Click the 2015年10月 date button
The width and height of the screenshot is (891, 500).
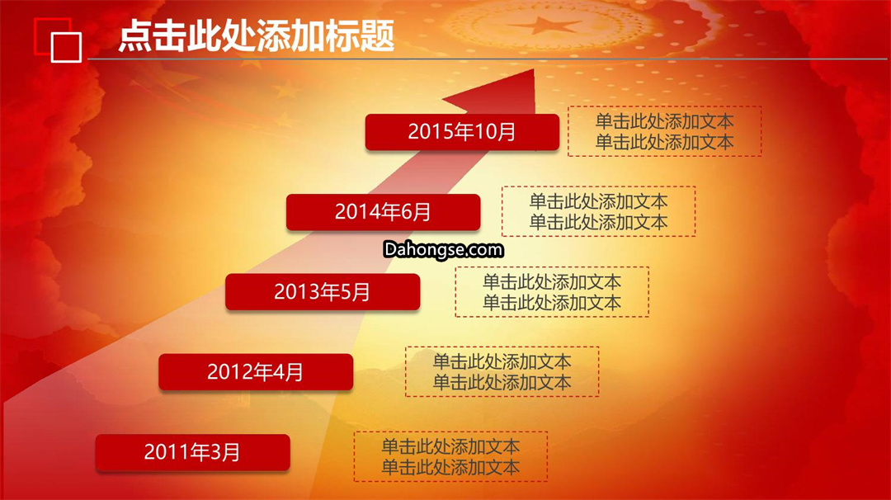(x=462, y=132)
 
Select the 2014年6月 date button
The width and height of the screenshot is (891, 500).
(x=383, y=212)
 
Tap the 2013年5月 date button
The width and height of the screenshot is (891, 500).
(x=323, y=292)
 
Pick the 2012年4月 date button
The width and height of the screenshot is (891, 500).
(x=256, y=372)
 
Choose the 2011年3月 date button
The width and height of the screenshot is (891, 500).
(x=192, y=452)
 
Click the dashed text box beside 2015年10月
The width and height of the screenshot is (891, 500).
(x=665, y=131)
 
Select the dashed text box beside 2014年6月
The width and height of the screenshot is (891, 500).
(x=598, y=211)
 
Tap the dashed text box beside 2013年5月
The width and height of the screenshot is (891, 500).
(x=552, y=292)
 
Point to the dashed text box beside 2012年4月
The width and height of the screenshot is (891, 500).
(x=502, y=371)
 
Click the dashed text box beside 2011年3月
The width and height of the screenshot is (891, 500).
(x=450, y=457)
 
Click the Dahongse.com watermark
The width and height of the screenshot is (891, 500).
(x=443, y=249)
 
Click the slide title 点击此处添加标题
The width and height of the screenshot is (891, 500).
(x=257, y=35)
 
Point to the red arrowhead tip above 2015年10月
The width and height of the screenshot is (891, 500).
(x=534, y=69)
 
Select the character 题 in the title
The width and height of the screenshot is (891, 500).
(x=377, y=35)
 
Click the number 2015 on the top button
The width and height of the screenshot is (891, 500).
(x=427, y=132)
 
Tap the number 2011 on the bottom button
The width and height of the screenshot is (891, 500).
(x=163, y=452)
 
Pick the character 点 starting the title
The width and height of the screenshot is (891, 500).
(x=135, y=35)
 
